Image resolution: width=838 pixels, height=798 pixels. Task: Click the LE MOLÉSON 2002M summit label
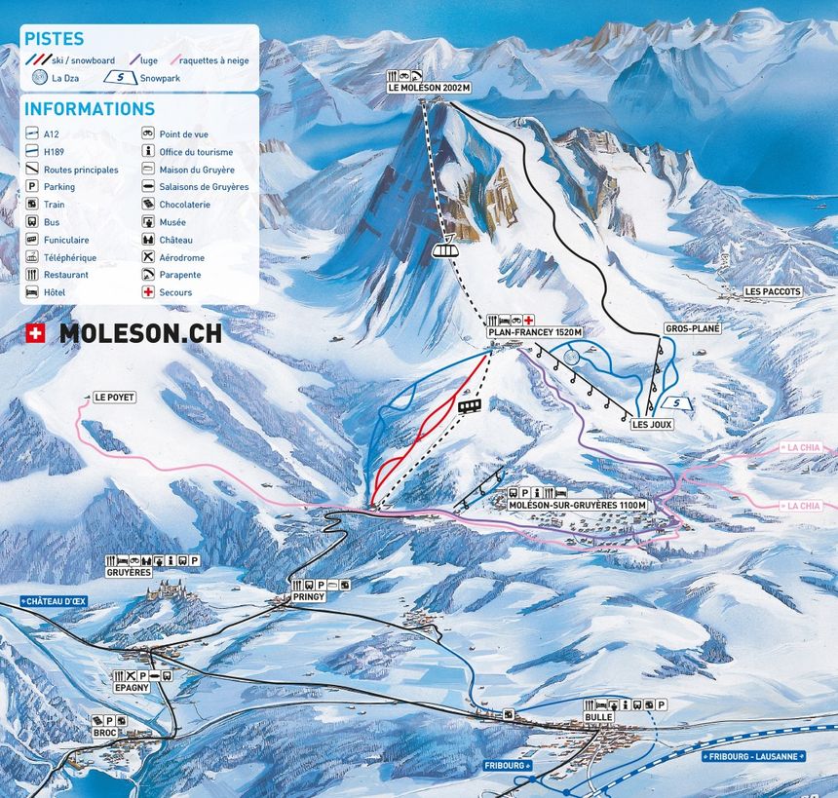pos(429,88)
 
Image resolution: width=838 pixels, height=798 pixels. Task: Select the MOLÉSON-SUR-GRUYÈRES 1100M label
pos(578,506)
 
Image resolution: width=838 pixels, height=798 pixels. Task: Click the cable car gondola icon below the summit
pos(444,249)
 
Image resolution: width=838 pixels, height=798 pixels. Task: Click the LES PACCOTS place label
pos(772,291)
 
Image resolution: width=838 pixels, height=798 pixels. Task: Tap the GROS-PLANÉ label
pos(692,329)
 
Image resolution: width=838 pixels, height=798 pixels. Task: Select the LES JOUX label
pos(652,425)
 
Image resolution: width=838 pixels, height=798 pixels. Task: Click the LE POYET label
pos(114,398)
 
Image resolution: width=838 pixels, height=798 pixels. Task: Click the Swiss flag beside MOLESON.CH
pos(35,333)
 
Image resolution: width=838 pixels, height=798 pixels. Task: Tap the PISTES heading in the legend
pos(54,39)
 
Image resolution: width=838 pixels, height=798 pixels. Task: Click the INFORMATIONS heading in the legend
pos(90,109)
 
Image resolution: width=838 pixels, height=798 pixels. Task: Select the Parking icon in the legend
pos(32,187)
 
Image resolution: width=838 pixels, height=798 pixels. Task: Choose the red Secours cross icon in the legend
pos(148,292)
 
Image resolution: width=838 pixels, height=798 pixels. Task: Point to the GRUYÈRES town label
pos(130,572)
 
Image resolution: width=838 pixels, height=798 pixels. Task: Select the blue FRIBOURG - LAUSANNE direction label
pos(755,755)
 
